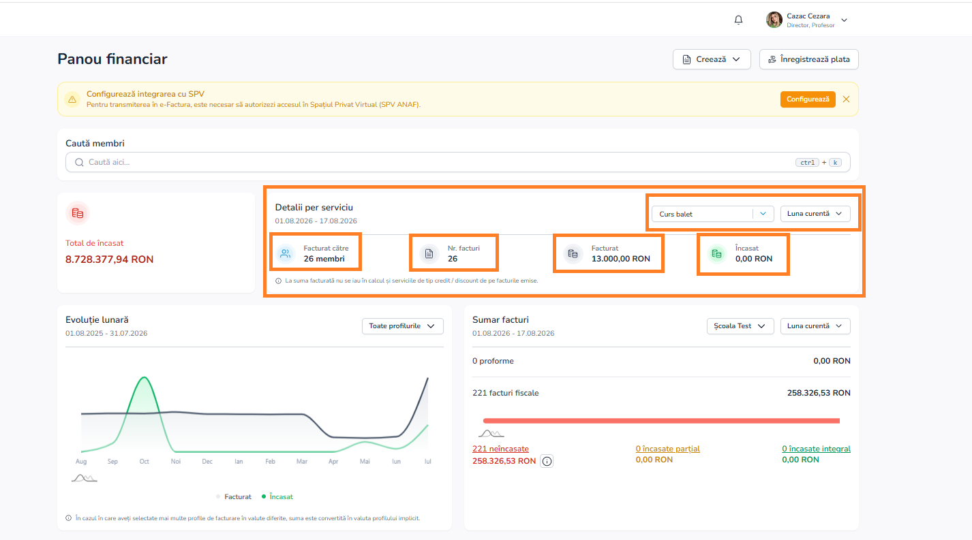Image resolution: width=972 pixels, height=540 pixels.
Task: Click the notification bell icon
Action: pos(738,20)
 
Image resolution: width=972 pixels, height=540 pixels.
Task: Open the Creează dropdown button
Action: pos(712,59)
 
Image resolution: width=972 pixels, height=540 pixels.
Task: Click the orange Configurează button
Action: pos(808,99)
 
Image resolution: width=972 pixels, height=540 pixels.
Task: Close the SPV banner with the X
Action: pos(846,99)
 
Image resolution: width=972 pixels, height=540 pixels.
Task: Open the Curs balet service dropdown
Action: pos(712,214)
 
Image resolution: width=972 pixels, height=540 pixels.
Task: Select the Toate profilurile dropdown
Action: pos(402,326)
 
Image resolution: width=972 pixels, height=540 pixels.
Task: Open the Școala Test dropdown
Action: pos(740,326)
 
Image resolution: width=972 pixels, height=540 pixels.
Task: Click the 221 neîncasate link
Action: pos(500,449)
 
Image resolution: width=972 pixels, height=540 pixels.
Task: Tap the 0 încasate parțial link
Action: pos(667,449)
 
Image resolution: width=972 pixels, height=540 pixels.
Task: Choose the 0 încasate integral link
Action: pos(816,449)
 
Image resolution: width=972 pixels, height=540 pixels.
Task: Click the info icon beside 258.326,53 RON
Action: pos(547,461)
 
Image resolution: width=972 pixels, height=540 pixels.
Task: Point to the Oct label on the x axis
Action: pos(144,462)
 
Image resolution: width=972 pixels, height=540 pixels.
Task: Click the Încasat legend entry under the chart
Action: pos(277,496)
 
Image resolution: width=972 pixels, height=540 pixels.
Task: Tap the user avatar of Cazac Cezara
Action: pos(774,20)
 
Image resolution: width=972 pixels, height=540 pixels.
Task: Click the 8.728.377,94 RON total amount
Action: pos(109,259)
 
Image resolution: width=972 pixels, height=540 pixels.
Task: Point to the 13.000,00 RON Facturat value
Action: pos(620,259)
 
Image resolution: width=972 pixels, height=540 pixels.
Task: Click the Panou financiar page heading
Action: pos(112,59)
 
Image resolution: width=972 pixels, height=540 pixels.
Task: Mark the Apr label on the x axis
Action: pos(333,462)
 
